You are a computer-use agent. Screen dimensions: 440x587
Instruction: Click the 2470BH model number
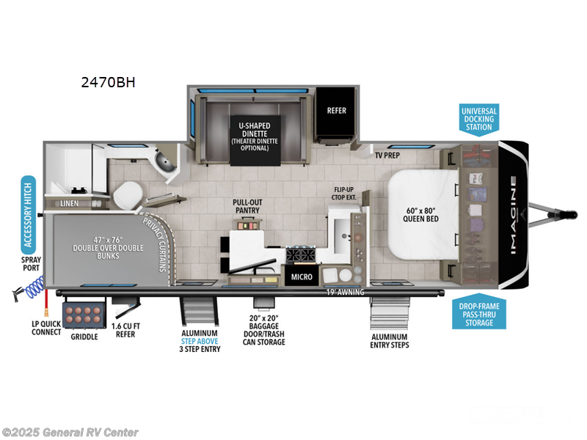108,82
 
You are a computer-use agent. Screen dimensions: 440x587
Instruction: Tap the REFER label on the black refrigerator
336,111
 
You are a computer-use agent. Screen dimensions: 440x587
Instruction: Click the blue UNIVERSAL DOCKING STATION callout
478,119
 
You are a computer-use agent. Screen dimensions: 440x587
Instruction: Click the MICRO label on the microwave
302,277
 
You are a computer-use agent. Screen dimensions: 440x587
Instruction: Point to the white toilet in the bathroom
130,194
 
